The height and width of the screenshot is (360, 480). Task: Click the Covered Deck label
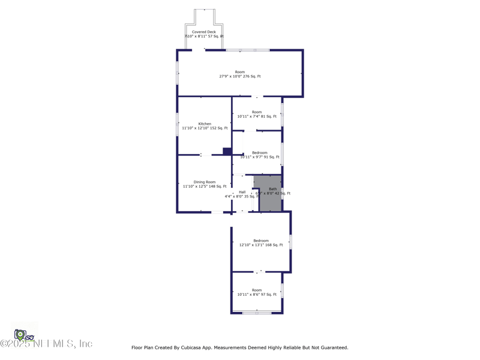[x=204, y=32]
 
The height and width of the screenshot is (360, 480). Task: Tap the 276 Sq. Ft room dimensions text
[x=240, y=77]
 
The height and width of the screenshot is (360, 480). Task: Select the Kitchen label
[x=205, y=124]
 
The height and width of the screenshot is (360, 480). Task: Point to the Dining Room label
[x=205, y=182]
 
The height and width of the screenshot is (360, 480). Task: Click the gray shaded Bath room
[x=270, y=201]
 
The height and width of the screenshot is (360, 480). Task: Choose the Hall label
[x=242, y=192]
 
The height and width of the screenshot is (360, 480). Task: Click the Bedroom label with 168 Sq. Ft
[x=261, y=241]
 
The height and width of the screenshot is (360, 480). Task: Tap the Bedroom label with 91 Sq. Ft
[x=260, y=152]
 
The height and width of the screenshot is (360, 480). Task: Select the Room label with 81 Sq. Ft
[x=257, y=112]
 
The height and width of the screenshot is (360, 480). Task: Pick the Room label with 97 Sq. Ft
[x=257, y=290]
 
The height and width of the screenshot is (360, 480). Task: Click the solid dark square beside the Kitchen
[x=227, y=151]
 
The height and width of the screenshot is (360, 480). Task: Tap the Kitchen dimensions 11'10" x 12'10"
[x=205, y=128]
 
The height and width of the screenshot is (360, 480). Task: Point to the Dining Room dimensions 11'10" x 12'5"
[x=205, y=187]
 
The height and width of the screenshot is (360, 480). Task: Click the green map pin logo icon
[x=20, y=335]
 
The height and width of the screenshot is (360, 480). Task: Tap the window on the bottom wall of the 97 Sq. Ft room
[x=256, y=313]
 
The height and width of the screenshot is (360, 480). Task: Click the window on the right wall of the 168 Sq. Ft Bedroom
[x=290, y=242]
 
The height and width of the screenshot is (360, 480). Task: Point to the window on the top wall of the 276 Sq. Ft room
[x=247, y=50]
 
